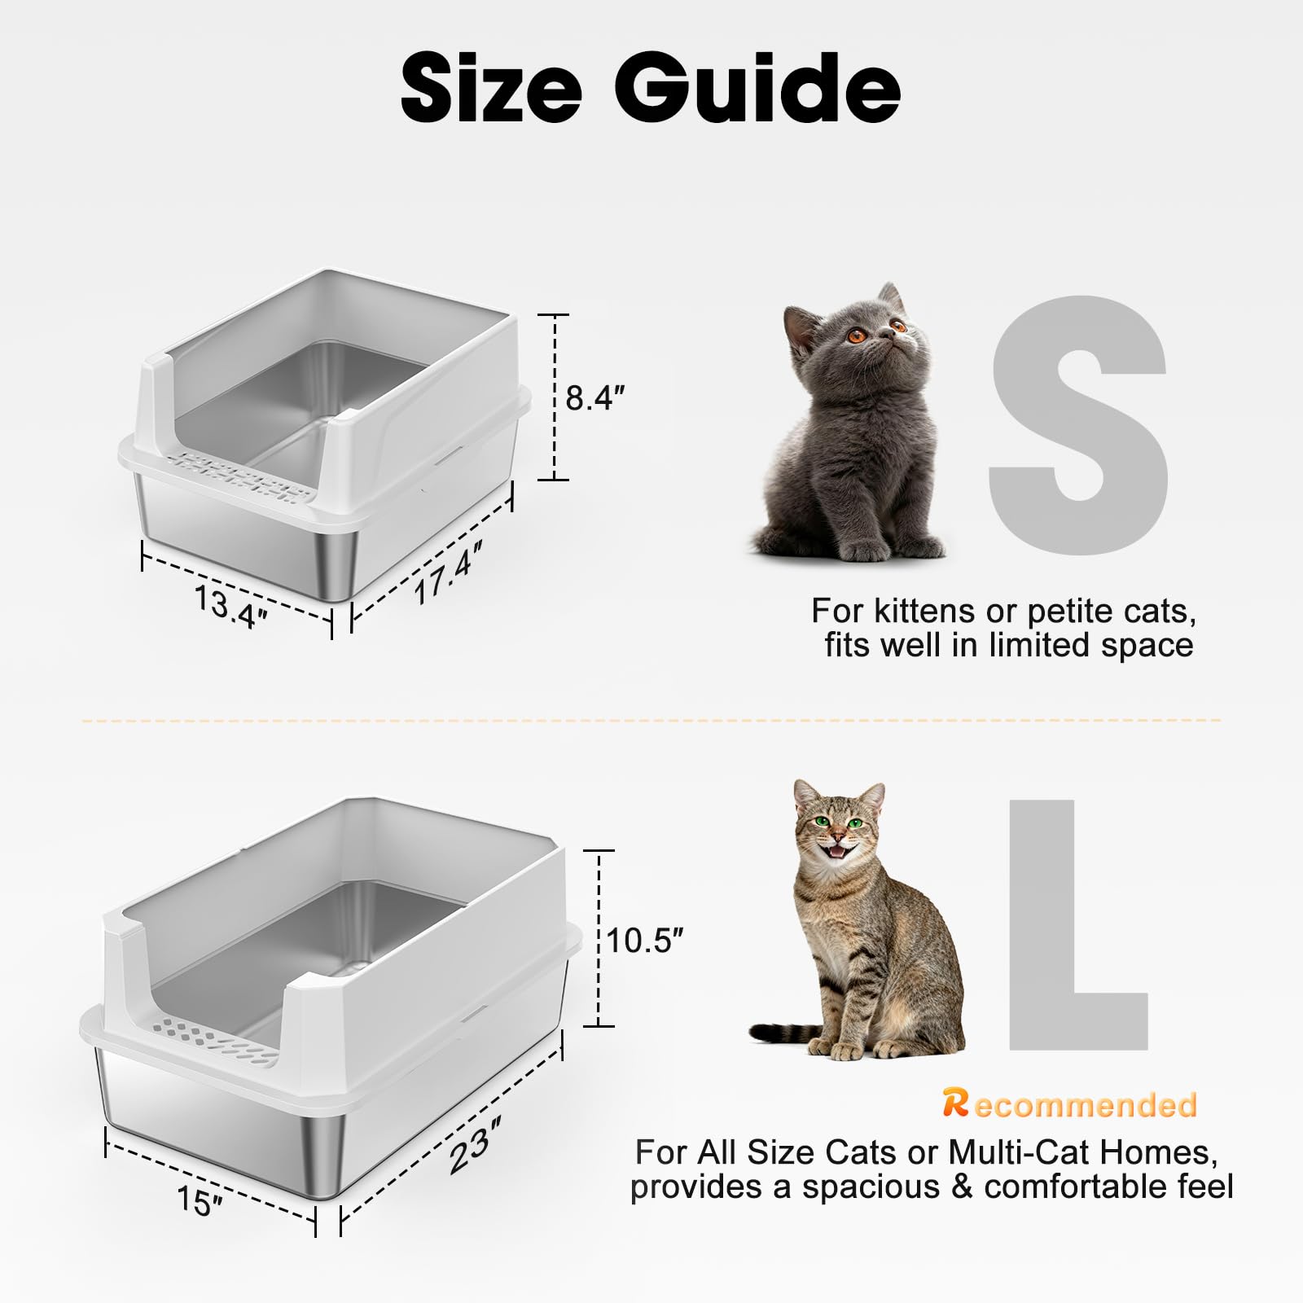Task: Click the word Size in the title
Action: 491,88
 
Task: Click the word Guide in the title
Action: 757,88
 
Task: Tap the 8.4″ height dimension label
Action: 595,397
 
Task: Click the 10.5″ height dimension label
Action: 644,940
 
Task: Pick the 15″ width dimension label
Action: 200,1200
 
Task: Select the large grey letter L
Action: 1077,924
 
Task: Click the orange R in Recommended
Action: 956,1103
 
